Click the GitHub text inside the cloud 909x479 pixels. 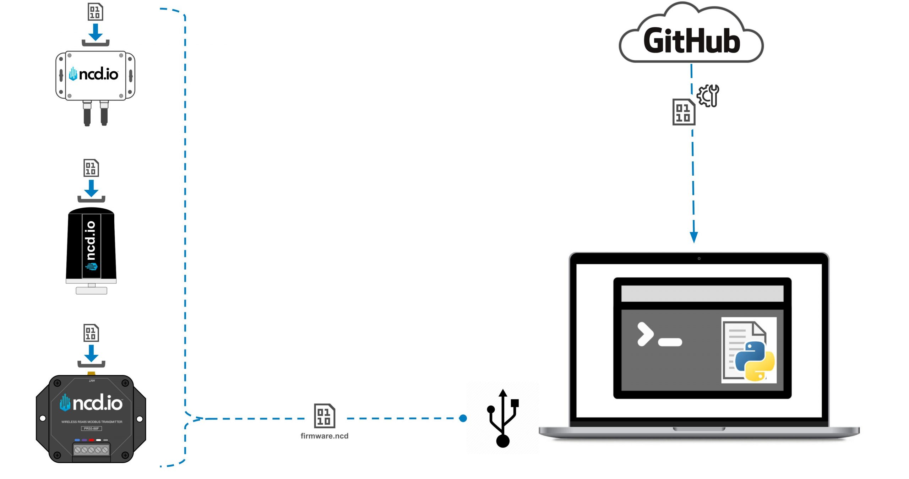click(692, 41)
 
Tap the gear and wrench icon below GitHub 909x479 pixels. click(708, 95)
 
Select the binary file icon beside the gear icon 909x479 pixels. click(684, 112)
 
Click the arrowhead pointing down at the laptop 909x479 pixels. click(694, 237)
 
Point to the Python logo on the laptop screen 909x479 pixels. click(755, 361)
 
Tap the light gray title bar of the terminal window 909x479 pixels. click(702, 293)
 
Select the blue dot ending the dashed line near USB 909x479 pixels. click(463, 418)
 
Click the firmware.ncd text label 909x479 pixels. click(324, 436)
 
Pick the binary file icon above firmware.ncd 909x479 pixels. click(324, 416)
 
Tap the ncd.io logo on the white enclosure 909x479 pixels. click(94, 74)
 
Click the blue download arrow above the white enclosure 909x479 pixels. click(96, 33)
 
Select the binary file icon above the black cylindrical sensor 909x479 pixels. click(91, 168)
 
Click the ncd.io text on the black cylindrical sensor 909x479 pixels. click(91, 240)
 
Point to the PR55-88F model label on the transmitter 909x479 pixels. click(91, 429)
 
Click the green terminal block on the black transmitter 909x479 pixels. click(91, 450)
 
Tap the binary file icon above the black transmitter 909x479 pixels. click(91, 333)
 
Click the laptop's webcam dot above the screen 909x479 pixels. click(699, 259)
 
